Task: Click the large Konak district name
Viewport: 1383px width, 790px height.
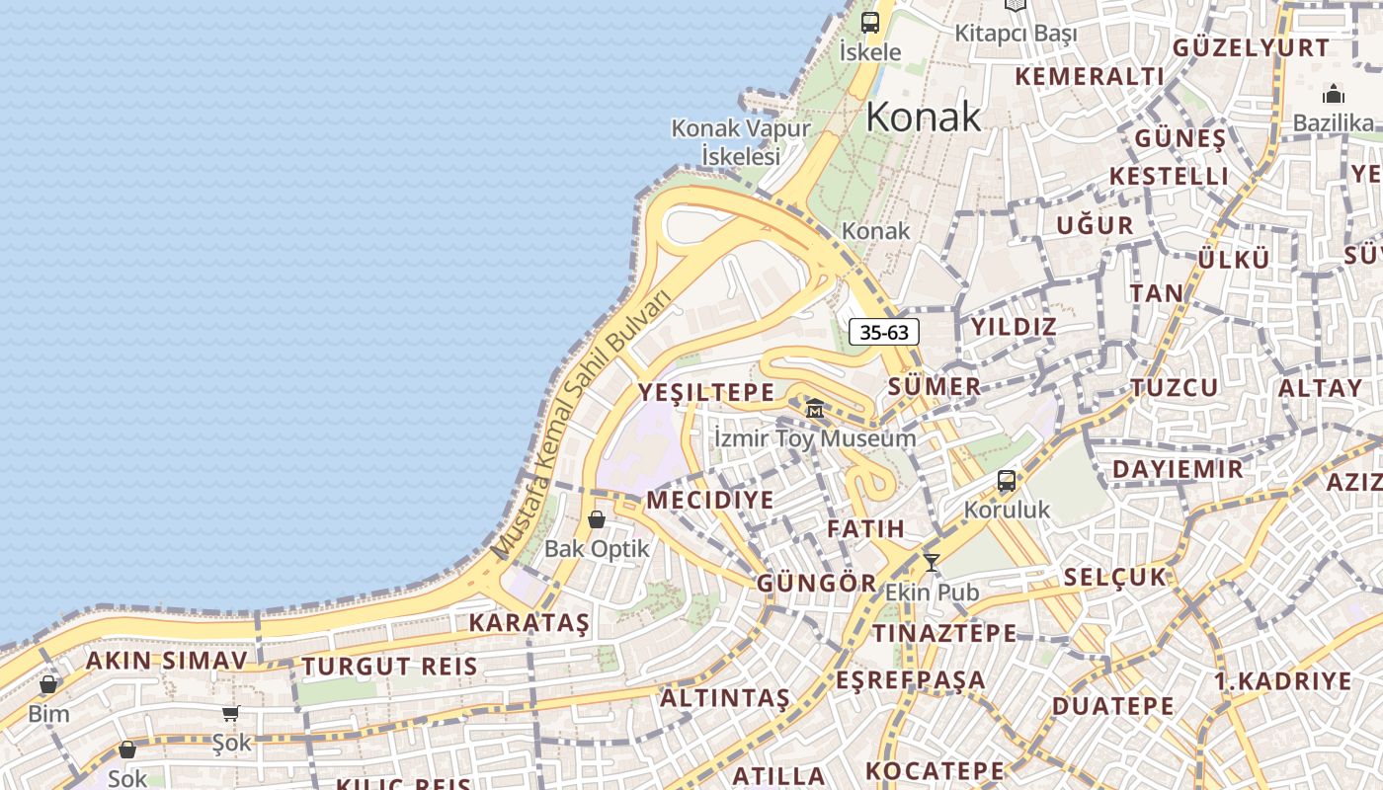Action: tap(924, 118)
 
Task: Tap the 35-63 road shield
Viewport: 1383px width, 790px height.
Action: tap(884, 332)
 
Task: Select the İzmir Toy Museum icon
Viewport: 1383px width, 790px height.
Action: tap(815, 407)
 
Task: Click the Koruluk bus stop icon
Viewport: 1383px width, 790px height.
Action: tap(1007, 481)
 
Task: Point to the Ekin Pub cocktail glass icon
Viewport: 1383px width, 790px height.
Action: tap(931, 563)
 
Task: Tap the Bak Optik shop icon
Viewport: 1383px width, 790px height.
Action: tap(597, 519)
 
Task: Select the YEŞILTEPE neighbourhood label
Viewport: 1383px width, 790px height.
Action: tap(706, 393)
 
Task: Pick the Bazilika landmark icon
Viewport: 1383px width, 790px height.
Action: tap(1334, 95)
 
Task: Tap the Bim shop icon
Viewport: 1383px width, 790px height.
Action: tap(48, 683)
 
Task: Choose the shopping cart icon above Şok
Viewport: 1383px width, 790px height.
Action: tap(230, 713)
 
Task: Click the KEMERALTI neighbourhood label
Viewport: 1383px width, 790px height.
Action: tap(1090, 76)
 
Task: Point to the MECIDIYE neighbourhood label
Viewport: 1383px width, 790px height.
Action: tap(710, 501)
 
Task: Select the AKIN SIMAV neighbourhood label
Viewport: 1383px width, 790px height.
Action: tap(166, 661)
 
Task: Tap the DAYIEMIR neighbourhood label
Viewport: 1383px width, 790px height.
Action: tap(1179, 469)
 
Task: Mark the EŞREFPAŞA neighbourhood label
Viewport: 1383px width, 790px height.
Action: tap(910, 680)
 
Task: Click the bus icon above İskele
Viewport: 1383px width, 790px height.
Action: tap(870, 23)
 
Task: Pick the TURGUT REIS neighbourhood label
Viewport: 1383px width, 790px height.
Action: tap(390, 667)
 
